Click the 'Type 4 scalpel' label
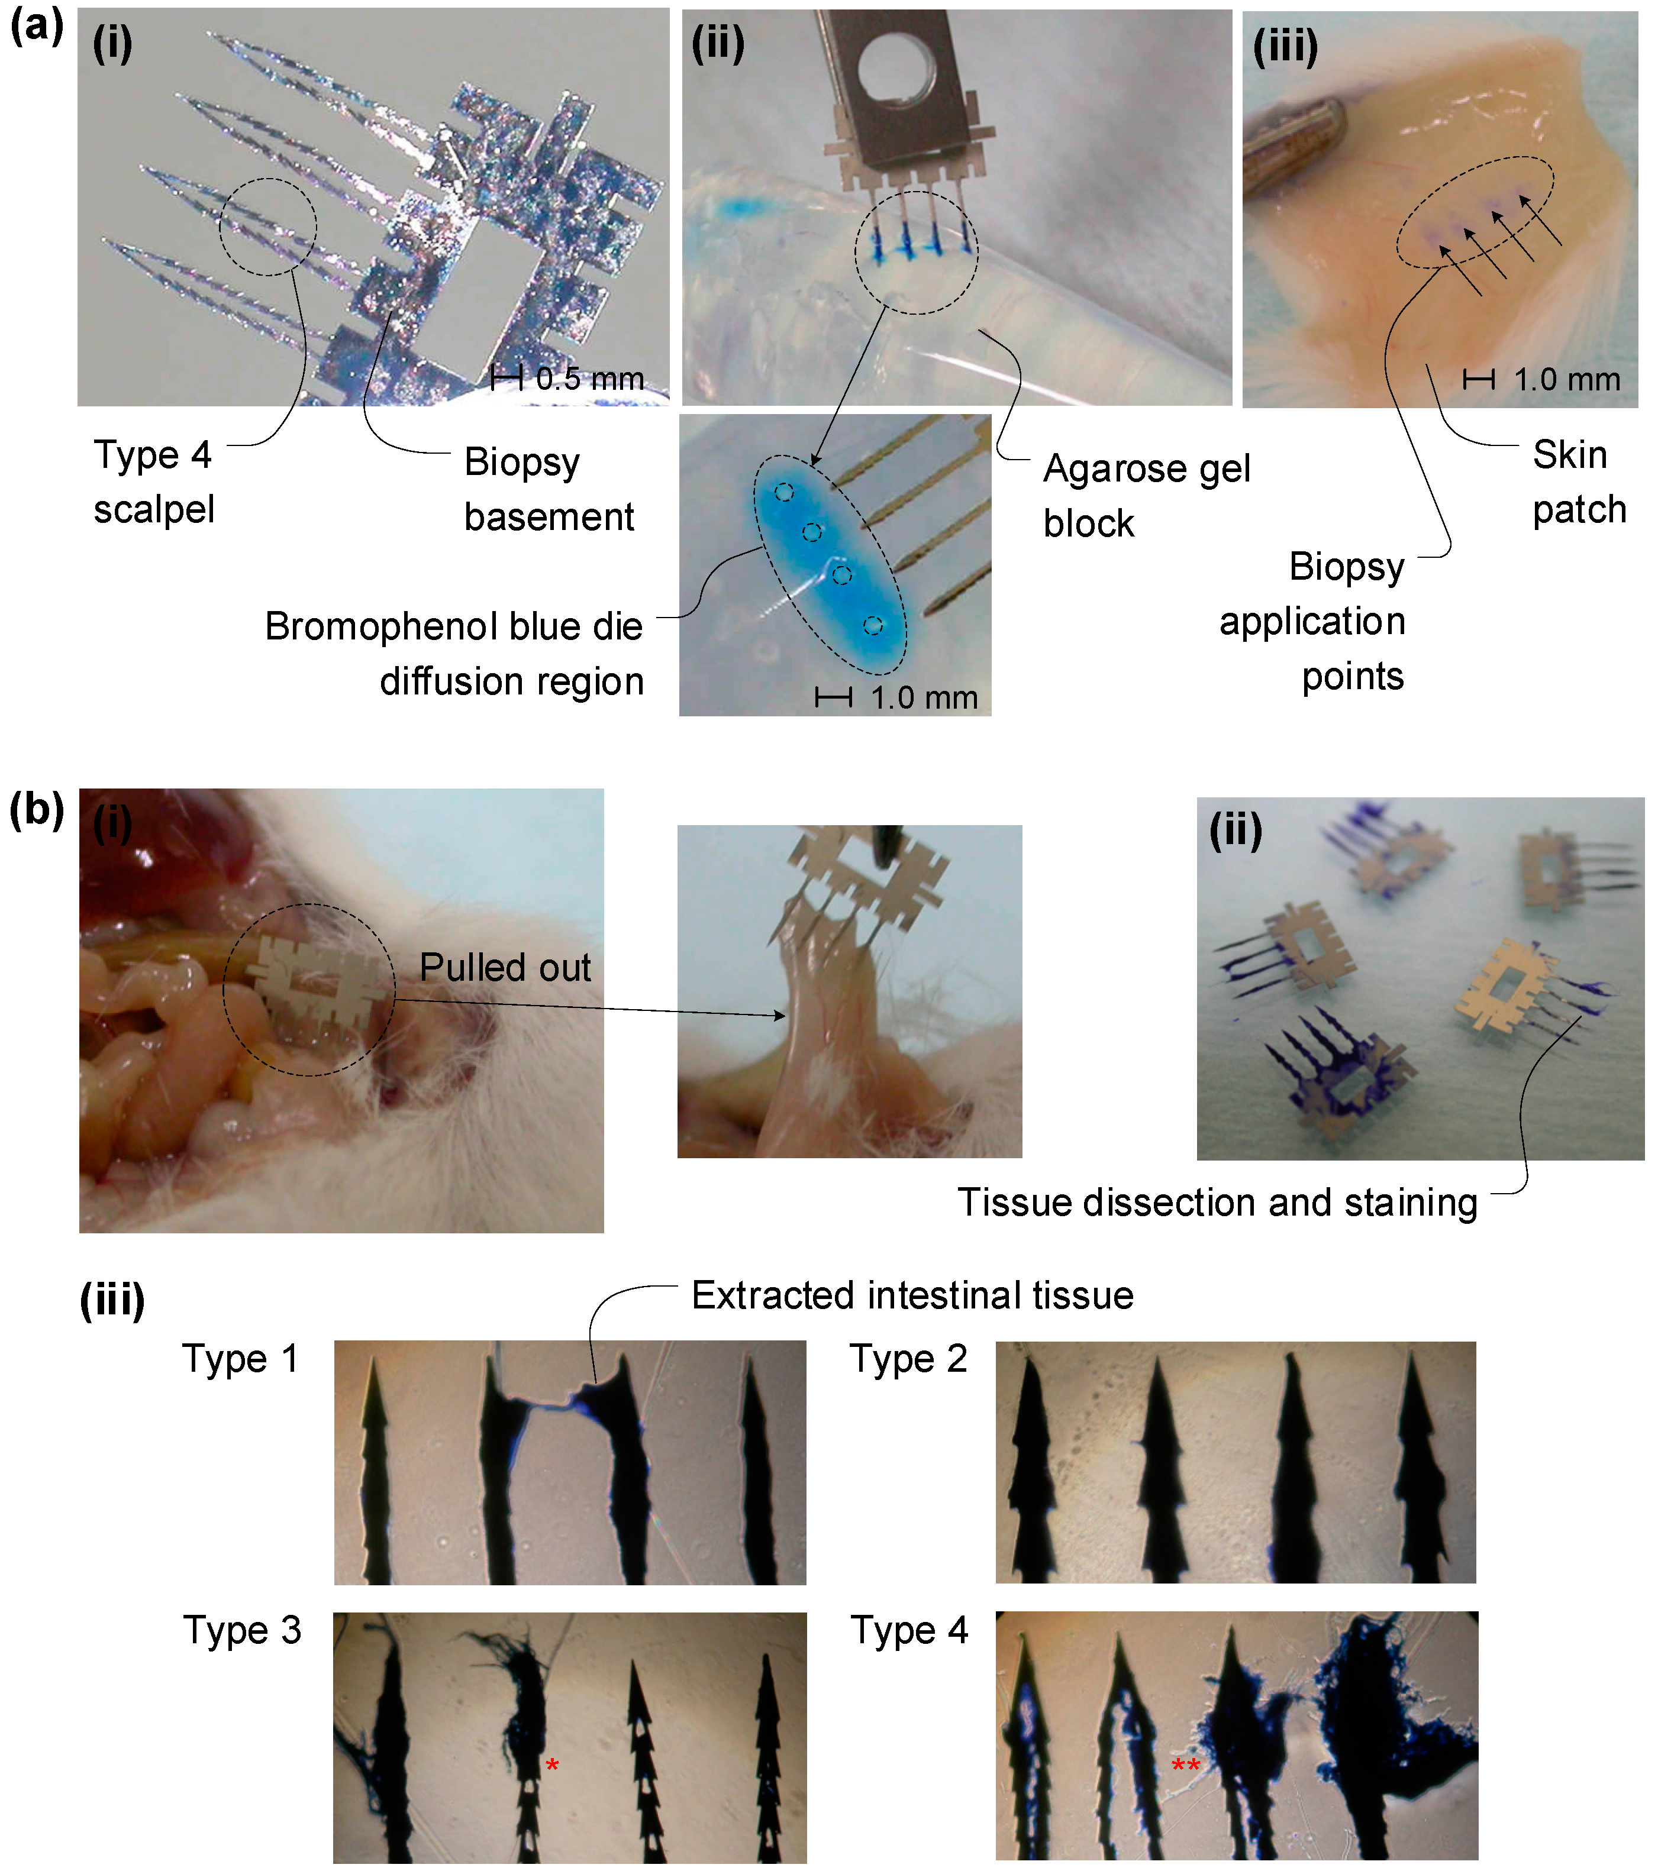coord(154,482)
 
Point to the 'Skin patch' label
coord(1579,482)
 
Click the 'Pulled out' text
coord(505,968)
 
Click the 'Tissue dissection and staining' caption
coord(1218,1202)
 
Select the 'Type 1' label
coord(240,1358)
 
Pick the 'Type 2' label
coord(908,1358)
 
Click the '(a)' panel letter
coord(37,25)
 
